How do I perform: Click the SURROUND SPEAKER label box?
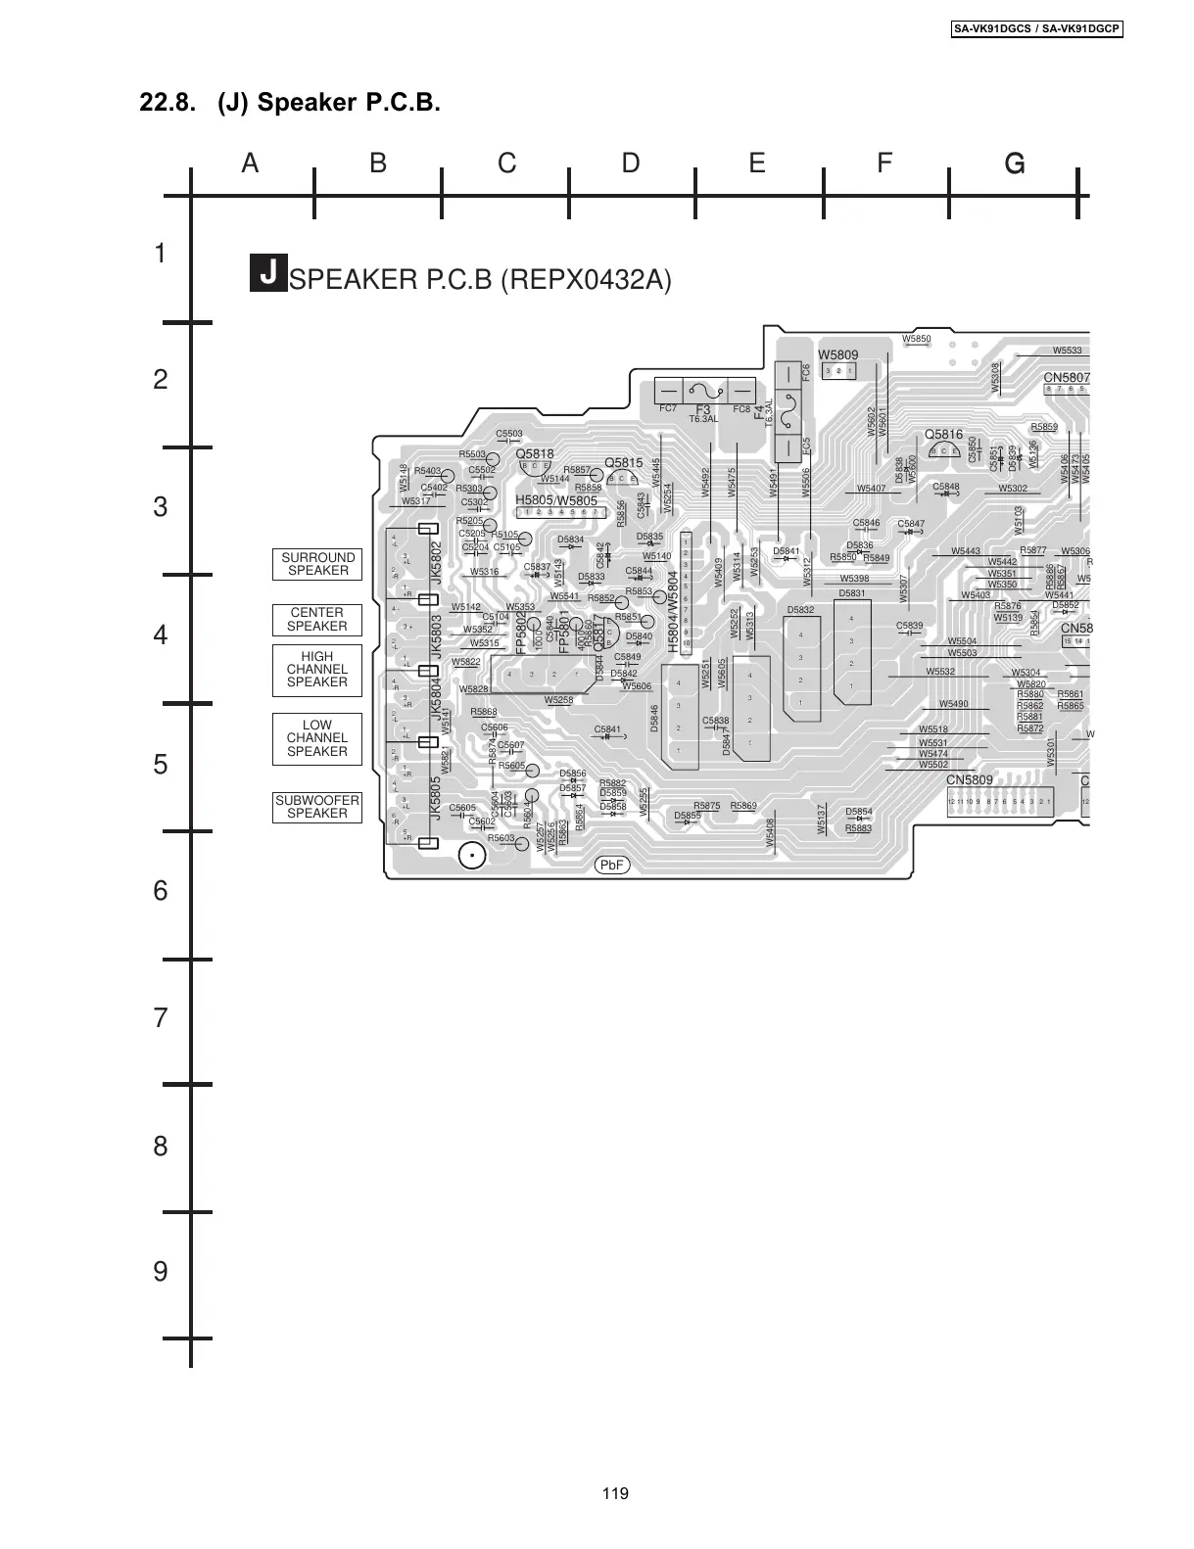tap(317, 564)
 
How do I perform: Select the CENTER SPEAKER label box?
tap(317, 620)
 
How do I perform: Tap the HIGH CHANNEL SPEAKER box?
tap(317, 670)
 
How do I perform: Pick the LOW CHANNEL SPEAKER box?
tap(317, 739)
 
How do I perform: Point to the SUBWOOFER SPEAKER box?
tap(317, 807)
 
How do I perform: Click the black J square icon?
tap(267, 273)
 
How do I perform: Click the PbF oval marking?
tap(612, 866)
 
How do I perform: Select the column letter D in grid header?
tap(631, 163)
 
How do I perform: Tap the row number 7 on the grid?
tap(161, 1018)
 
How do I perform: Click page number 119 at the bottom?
tap(616, 1494)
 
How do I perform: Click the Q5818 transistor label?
tap(535, 454)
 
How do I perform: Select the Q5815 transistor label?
tap(623, 463)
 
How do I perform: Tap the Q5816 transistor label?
tap(943, 435)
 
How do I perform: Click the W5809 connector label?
tap(837, 354)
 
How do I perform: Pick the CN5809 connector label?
tap(969, 780)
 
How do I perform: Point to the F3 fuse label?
tap(702, 409)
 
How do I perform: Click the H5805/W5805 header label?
tap(556, 500)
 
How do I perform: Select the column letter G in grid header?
tap(1015, 164)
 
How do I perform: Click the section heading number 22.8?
tap(167, 103)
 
